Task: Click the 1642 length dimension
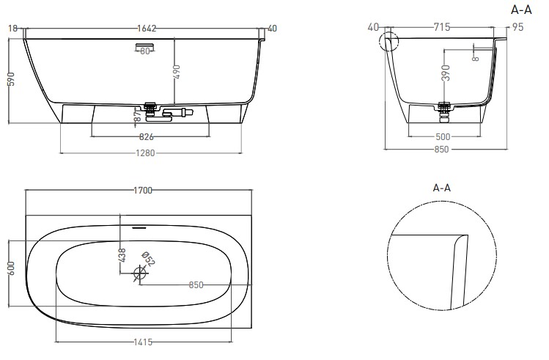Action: click(x=147, y=29)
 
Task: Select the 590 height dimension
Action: click(x=12, y=79)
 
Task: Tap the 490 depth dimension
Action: click(x=177, y=72)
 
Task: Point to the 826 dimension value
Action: click(x=147, y=136)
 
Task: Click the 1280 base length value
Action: click(x=145, y=153)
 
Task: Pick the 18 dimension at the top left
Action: click(x=12, y=29)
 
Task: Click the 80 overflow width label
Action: click(x=145, y=51)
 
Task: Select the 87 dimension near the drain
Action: click(x=138, y=116)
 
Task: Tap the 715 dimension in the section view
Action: click(x=441, y=27)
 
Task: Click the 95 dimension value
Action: click(x=517, y=27)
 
